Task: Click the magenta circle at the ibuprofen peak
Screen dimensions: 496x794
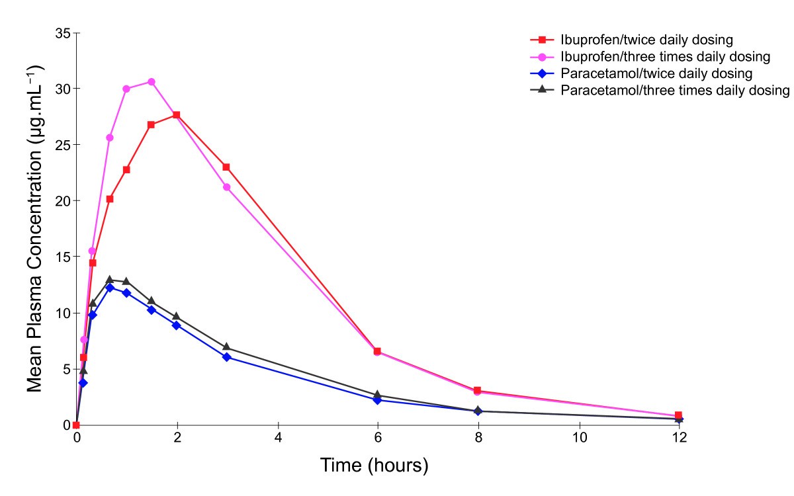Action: click(152, 82)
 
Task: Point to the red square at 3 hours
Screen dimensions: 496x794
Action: click(226, 167)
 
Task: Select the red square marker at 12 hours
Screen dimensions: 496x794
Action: click(678, 415)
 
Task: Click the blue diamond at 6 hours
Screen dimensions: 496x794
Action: click(377, 400)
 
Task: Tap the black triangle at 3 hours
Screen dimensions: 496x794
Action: click(226, 347)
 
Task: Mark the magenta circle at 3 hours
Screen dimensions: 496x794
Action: click(226, 187)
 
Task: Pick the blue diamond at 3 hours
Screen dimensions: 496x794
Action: click(226, 357)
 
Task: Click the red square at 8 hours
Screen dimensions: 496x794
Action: click(478, 391)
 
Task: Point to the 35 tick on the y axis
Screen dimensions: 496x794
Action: click(63, 32)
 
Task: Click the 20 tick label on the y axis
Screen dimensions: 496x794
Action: click(63, 200)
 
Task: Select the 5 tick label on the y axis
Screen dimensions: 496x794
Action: click(66, 368)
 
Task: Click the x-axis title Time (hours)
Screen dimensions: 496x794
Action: click(375, 465)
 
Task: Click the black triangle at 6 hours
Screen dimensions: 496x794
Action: click(377, 395)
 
